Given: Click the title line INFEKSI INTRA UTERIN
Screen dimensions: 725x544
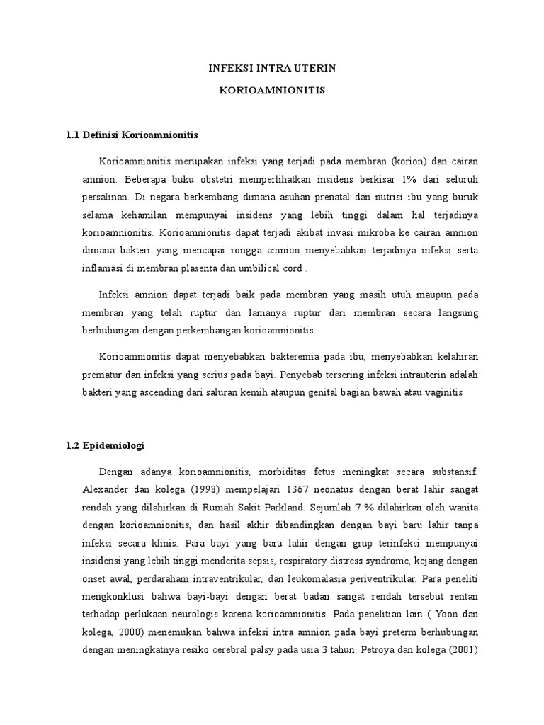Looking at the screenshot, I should click(272, 68).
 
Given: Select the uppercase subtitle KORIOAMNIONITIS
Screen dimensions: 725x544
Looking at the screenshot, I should click(272, 92).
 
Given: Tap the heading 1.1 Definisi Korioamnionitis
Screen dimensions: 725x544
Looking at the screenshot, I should click(132, 134).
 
